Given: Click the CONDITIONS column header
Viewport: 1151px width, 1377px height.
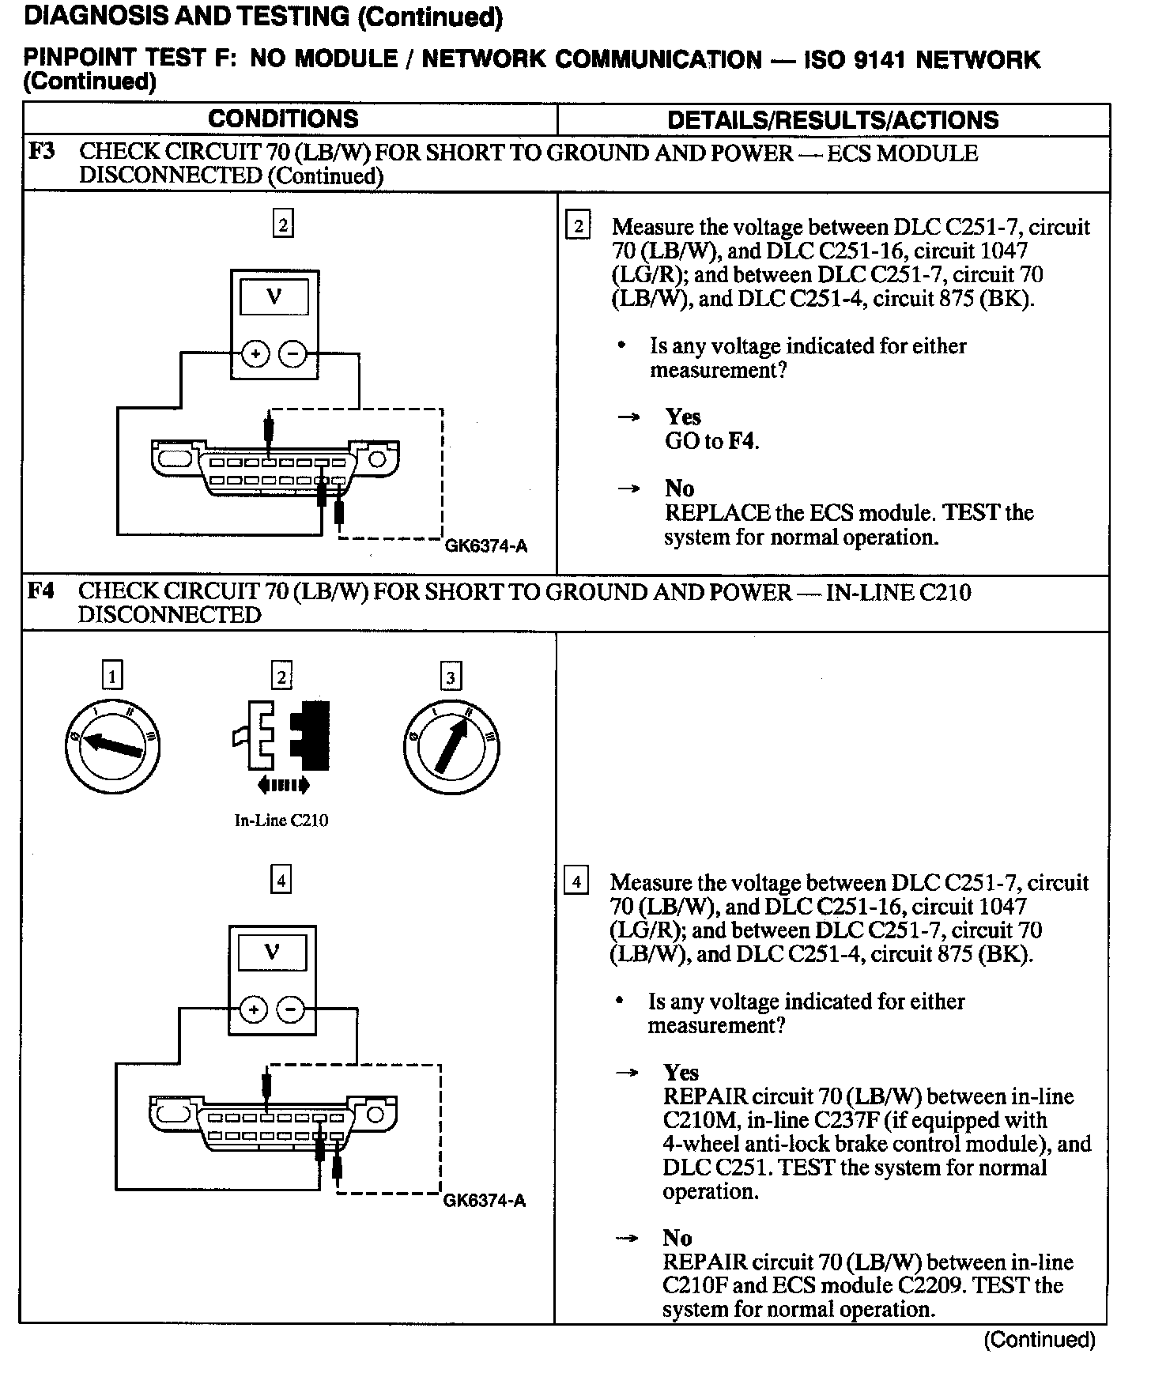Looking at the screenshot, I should pos(283,119).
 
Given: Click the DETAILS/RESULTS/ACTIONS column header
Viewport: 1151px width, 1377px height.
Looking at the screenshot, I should pos(832,120).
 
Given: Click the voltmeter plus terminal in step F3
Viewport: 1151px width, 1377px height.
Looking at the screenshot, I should pos(255,354).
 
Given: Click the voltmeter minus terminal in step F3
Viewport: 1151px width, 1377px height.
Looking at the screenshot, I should pos(292,354).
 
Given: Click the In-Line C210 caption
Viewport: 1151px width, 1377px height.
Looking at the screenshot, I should pos(281,820).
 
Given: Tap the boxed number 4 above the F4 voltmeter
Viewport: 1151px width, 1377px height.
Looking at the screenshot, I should pos(281,879).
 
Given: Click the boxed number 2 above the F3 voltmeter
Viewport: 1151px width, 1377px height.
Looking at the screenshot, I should pos(283,224).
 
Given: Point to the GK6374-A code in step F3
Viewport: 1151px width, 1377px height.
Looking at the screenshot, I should pos(485,546).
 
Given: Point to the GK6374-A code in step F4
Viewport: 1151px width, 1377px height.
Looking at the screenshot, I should pos(484,1201).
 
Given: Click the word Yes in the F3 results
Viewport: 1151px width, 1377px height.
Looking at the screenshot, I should pos(683,417).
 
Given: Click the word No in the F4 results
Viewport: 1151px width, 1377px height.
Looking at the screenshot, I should pos(677,1238).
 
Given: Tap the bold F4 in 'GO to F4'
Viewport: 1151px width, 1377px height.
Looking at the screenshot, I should pos(742,441).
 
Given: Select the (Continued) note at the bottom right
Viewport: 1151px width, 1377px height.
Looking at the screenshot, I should pos(1040,1340).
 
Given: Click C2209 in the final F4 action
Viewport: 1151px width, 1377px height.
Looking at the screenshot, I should pos(934,1285).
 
